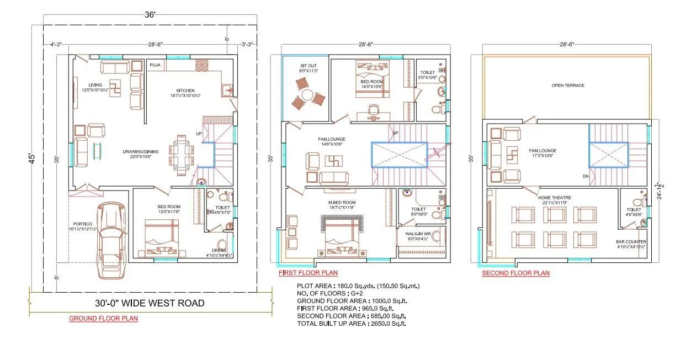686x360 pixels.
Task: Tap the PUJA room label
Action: pos(155,65)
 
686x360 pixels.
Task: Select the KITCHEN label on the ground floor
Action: pos(185,91)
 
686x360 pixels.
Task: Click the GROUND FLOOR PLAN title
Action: pos(103,319)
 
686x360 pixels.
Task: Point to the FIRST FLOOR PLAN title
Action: pos(308,273)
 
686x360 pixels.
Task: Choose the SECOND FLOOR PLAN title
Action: pos(515,273)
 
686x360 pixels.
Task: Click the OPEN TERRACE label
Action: pos(567,86)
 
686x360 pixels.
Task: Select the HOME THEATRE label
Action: pos(555,197)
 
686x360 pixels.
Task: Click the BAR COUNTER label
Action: pos(631,242)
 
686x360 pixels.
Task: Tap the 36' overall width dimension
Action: pos(150,15)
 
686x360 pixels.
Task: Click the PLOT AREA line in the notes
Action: pos(358,286)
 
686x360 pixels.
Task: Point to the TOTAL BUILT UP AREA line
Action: pos(352,323)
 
